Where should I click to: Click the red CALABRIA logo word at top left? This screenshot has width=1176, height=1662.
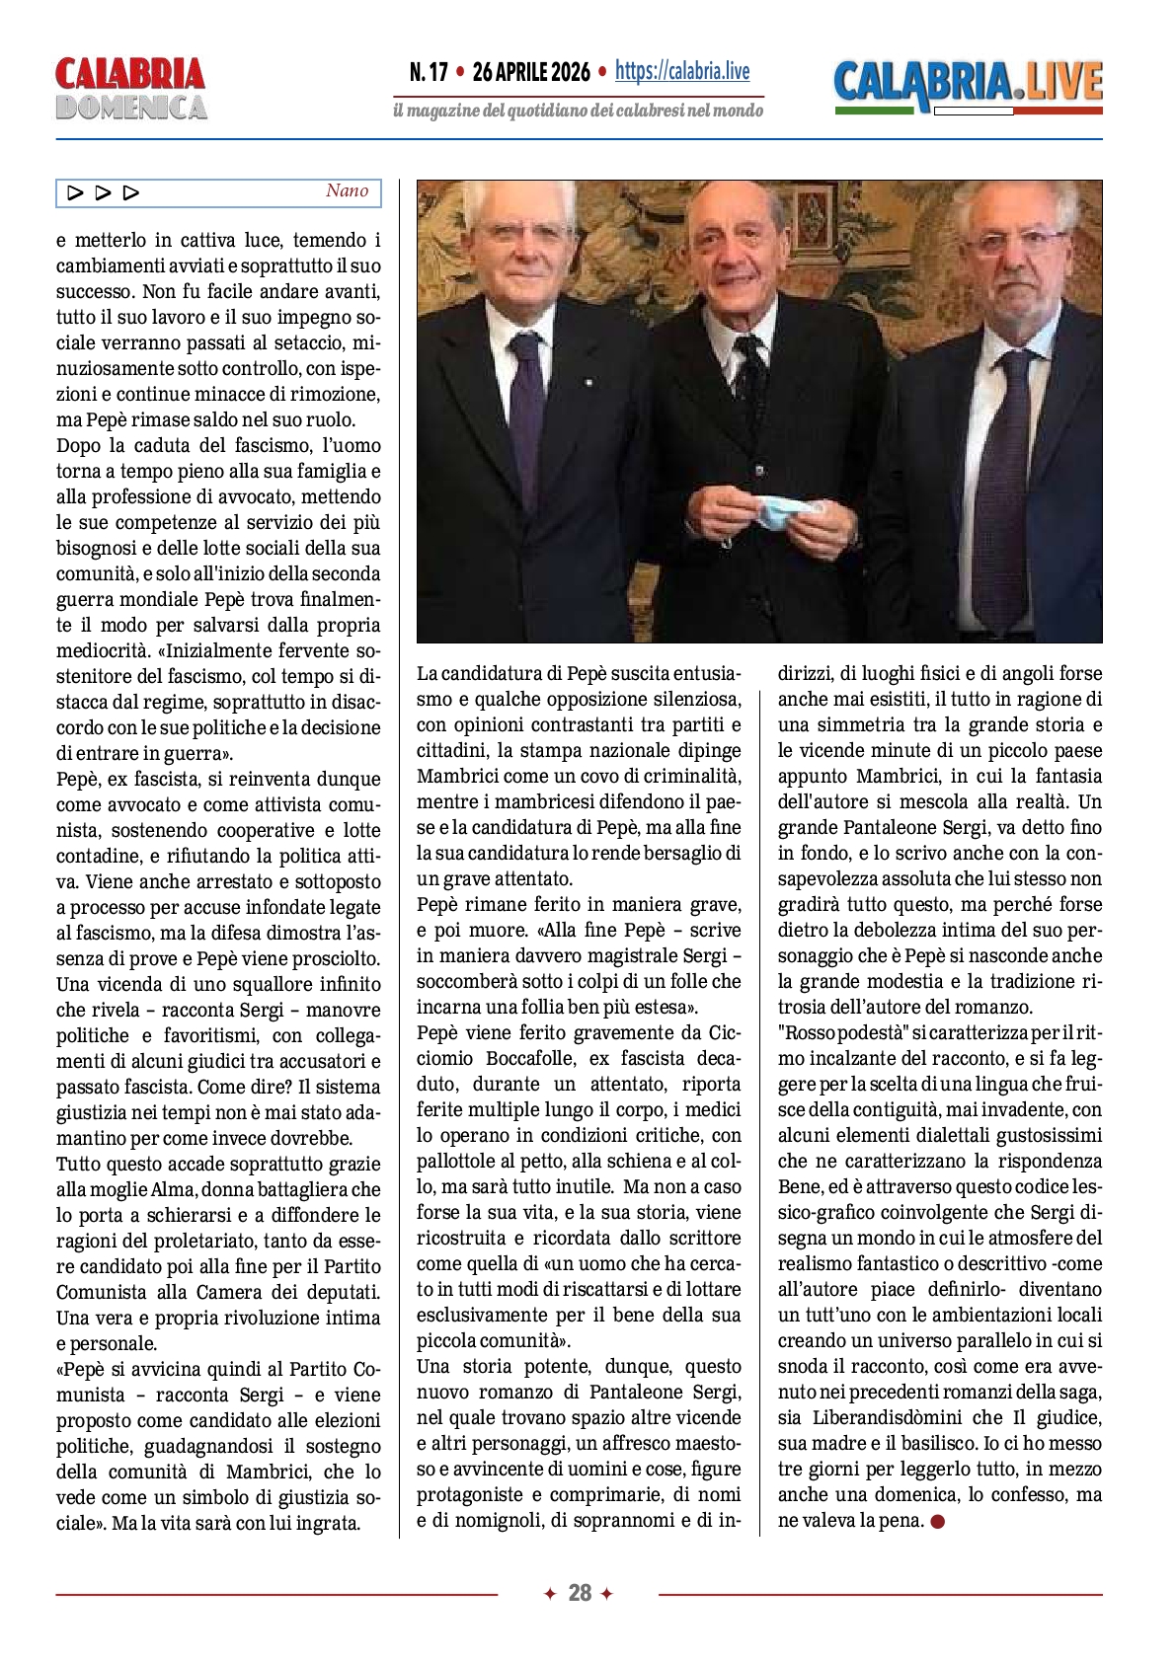click(129, 74)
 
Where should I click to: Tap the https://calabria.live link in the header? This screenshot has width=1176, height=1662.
click(682, 71)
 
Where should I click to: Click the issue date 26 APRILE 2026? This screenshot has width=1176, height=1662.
click(531, 72)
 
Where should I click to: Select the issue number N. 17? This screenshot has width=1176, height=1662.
click(429, 72)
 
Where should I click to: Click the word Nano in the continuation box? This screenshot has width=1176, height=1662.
click(347, 191)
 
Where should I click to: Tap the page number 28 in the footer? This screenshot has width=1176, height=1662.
click(580, 1593)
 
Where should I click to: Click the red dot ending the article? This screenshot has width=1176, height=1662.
click(938, 1521)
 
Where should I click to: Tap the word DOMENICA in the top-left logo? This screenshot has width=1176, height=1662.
click(130, 108)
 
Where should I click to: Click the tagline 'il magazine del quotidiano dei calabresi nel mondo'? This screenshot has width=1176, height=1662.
click(578, 111)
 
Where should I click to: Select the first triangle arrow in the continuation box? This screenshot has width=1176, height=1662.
click(75, 192)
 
